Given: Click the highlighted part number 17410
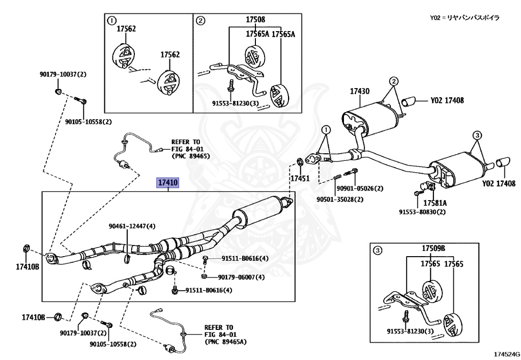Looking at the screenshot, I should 168,182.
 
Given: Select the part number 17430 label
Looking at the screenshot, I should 359,92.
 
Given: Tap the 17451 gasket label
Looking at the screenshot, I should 300,179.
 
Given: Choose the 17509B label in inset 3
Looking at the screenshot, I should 433,248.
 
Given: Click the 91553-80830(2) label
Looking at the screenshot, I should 422,212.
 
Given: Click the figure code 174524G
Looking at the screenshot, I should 506,353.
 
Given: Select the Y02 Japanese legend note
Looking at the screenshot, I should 465,18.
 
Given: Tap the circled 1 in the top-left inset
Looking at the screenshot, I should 111,20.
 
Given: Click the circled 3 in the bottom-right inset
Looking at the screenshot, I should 377,250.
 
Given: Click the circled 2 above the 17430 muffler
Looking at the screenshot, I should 394,81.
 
